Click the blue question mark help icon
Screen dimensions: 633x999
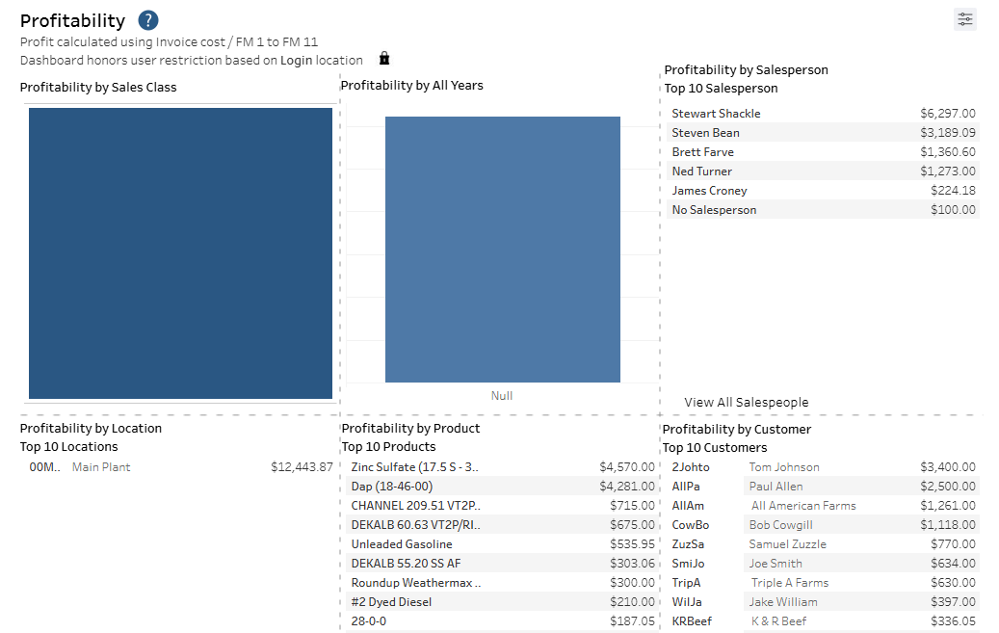pyautogui.click(x=148, y=20)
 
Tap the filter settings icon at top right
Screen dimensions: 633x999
pyautogui.click(x=964, y=19)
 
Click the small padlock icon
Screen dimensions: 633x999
pyautogui.click(x=384, y=59)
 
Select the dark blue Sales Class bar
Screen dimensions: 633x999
pyautogui.click(x=180, y=252)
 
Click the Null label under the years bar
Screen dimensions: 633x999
pyautogui.click(x=502, y=396)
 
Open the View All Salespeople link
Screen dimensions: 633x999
pyautogui.click(x=746, y=403)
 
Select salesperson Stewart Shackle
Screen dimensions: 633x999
pyautogui.click(x=716, y=114)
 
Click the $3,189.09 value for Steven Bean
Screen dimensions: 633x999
pyautogui.click(x=947, y=133)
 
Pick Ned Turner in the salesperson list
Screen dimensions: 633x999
pyautogui.click(x=701, y=171)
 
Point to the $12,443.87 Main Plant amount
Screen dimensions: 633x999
pyautogui.click(x=302, y=467)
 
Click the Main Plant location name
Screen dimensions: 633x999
pyautogui.click(x=101, y=467)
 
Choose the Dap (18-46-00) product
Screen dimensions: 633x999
pyautogui.click(x=392, y=487)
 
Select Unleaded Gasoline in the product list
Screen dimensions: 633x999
pyautogui.click(x=401, y=544)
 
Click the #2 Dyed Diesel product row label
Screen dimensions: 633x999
pyautogui.click(x=391, y=602)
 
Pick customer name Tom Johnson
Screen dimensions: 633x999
pyautogui.click(x=784, y=467)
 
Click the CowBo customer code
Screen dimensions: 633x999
pyautogui.click(x=690, y=525)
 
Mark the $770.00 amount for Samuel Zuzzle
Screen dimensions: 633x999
pyautogui.click(x=954, y=544)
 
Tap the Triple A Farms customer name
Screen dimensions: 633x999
pyautogui.click(x=789, y=583)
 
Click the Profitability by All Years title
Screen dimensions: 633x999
pyautogui.click(x=411, y=86)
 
